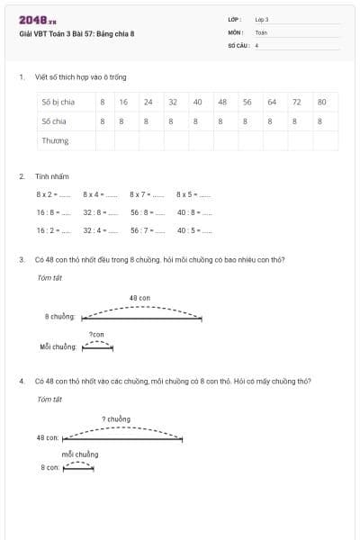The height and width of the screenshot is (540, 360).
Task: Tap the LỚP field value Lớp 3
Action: click(262, 19)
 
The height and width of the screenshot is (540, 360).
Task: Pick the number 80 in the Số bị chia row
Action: click(320, 102)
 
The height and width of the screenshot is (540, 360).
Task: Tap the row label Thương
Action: click(55, 140)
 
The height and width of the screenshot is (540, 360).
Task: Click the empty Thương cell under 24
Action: click(148, 140)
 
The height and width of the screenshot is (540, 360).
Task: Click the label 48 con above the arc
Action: click(139, 297)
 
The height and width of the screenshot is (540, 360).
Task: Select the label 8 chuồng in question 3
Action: click(59, 317)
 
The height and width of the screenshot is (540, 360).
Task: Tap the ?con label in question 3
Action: click(96, 334)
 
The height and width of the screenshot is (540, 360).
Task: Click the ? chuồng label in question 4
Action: click(116, 418)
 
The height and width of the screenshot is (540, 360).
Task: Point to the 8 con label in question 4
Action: click(50, 468)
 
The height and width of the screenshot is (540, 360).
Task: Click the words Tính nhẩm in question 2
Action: click(51, 176)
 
